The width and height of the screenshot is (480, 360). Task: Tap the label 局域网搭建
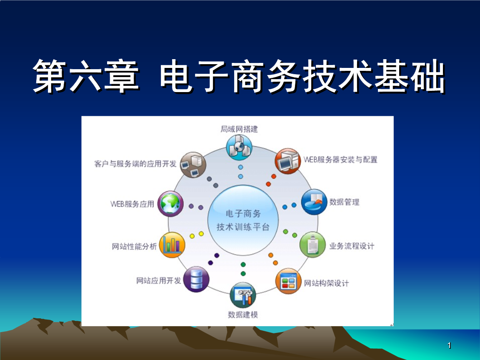[x=239, y=129]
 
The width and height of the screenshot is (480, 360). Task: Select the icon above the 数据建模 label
[x=242, y=295]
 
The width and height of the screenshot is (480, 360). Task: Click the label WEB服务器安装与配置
[x=340, y=160]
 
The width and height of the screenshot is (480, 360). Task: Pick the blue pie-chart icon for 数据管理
[x=314, y=202]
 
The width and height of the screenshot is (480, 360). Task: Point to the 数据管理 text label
[x=344, y=202]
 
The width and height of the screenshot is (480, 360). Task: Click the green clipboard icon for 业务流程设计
[x=312, y=245]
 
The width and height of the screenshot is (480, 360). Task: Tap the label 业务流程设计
[x=352, y=246]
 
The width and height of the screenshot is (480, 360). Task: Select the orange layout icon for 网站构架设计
[x=288, y=282]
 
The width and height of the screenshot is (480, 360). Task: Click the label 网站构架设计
[x=326, y=284]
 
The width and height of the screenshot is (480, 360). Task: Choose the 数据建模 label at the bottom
[x=242, y=315]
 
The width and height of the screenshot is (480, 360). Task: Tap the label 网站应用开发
[x=158, y=280]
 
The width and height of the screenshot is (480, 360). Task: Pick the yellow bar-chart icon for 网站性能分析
[x=172, y=245]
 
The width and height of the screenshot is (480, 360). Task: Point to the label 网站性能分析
[x=134, y=246]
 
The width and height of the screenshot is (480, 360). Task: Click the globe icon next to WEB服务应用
[x=170, y=203]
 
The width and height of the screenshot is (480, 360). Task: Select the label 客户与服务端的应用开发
[x=135, y=164]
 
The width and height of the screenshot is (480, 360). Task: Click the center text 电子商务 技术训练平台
[x=243, y=220]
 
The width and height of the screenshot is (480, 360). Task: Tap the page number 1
[x=449, y=345]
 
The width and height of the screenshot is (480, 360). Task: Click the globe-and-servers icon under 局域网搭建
[x=239, y=147]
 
